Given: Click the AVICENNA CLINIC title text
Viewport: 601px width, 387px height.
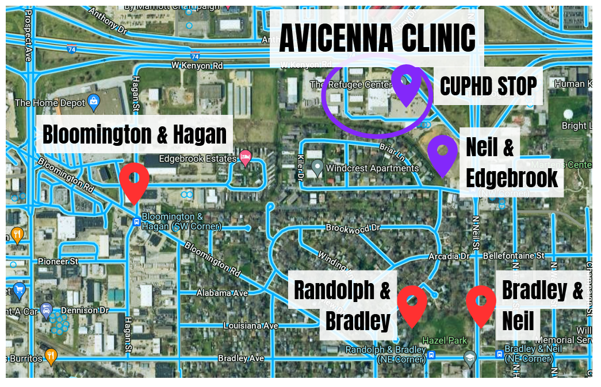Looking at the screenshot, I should [x=377, y=38].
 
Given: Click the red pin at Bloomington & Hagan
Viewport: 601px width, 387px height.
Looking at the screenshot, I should [x=135, y=180].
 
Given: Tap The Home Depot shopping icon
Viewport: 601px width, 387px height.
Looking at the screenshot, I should [x=93, y=103].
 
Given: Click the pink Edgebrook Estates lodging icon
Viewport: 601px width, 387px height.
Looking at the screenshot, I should [x=246, y=158].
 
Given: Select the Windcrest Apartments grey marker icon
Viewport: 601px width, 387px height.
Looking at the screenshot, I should [x=316, y=168].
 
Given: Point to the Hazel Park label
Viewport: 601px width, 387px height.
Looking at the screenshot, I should [x=445, y=340].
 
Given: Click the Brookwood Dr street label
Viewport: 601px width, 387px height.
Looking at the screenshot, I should [x=353, y=228].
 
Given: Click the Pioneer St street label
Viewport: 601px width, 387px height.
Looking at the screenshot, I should [x=58, y=261].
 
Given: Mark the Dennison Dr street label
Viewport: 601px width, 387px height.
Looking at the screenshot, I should [x=80, y=310].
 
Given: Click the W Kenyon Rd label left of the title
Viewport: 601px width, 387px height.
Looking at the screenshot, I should [x=197, y=65].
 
